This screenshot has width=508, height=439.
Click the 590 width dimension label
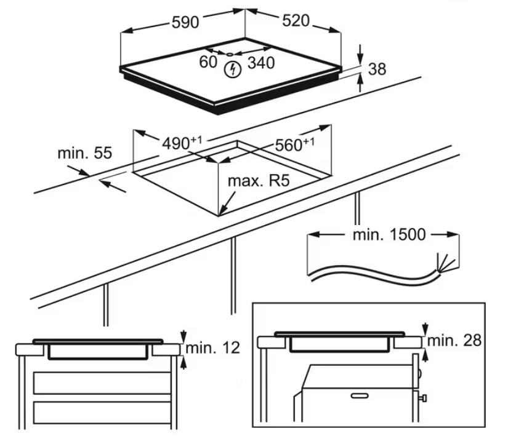pyautogui.click(x=185, y=22)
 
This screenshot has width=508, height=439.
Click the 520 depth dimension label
pyautogui.click(x=295, y=20)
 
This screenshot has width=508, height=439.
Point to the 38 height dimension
pyautogui.click(x=377, y=69)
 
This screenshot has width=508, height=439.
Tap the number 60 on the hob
pyautogui.click(x=209, y=61)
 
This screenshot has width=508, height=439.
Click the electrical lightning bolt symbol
pyautogui.click(x=232, y=70)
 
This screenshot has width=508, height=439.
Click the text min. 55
pyautogui.click(x=85, y=152)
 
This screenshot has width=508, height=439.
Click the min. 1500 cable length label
pyautogui.click(x=389, y=234)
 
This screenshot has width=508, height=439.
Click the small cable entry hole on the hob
pyautogui.click(x=229, y=55)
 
